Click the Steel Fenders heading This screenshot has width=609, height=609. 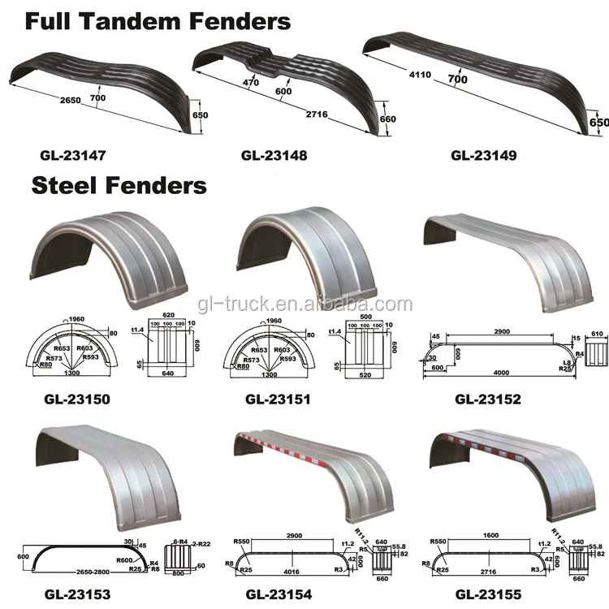(x=119, y=185)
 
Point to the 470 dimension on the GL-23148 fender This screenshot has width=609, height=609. (x=249, y=83)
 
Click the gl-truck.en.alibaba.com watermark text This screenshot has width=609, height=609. (x=305, y=304)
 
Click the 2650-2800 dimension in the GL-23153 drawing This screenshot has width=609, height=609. (x=78, y=571)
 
